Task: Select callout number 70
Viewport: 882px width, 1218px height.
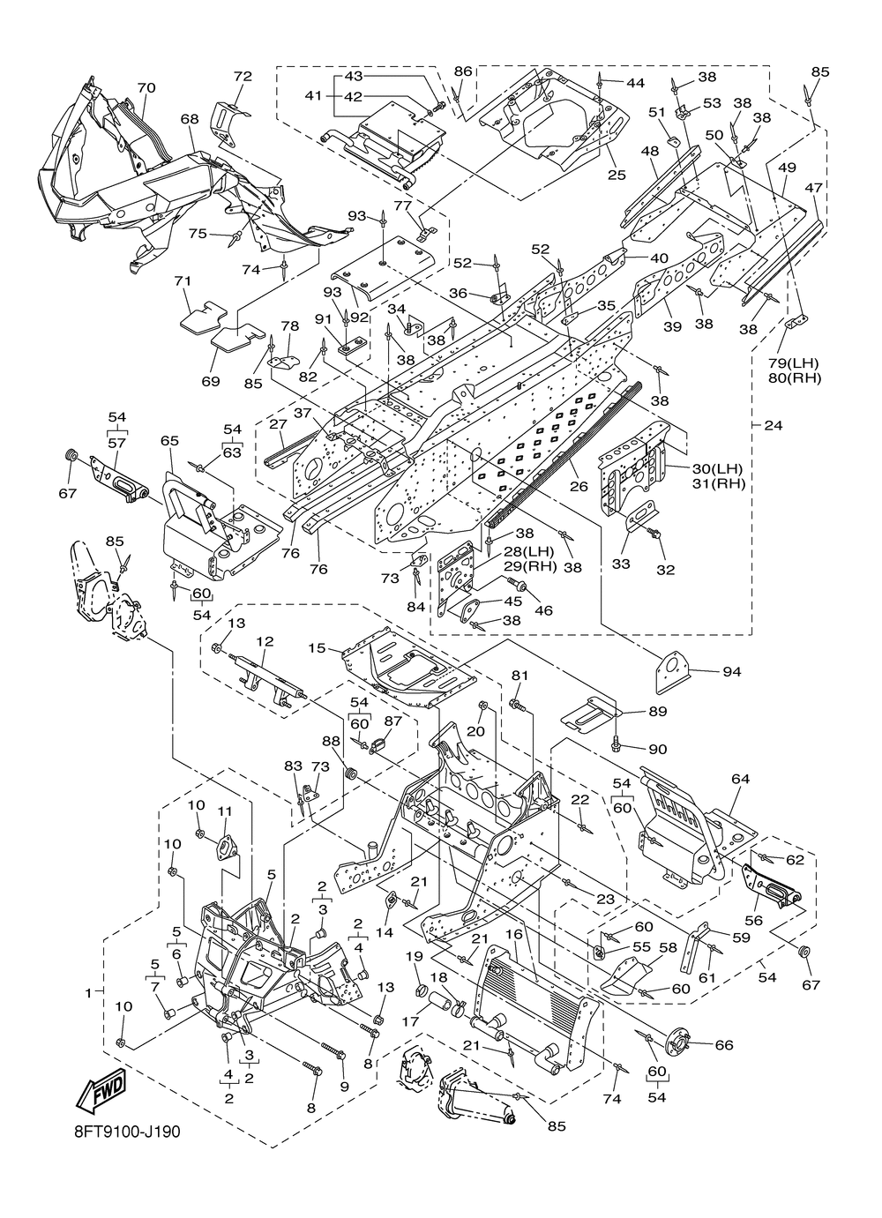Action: pyautogui.click(x=146, y=87)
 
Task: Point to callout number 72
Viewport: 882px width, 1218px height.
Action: pyautogui.click(x=243, y=76)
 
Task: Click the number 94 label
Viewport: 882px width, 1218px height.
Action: pyautogui.click(x=732, y=672)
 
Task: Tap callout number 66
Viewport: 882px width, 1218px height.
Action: pyautogui.click(x=724, y=1045)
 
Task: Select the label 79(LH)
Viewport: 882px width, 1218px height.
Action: pyautogui.click(x=794, y=363)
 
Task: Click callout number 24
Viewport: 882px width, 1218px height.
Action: pyautogui.click(x=773, y=425)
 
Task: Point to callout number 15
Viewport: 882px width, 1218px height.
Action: pyautogui.click(x=317, y=648)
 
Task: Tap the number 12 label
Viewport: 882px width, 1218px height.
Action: pyautogui.click(x=265, y=641)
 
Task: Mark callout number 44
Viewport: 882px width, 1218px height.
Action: pyautogui.click(x=635, y=83)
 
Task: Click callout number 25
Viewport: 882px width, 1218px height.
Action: pyautogui.click(x=617, y=176)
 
